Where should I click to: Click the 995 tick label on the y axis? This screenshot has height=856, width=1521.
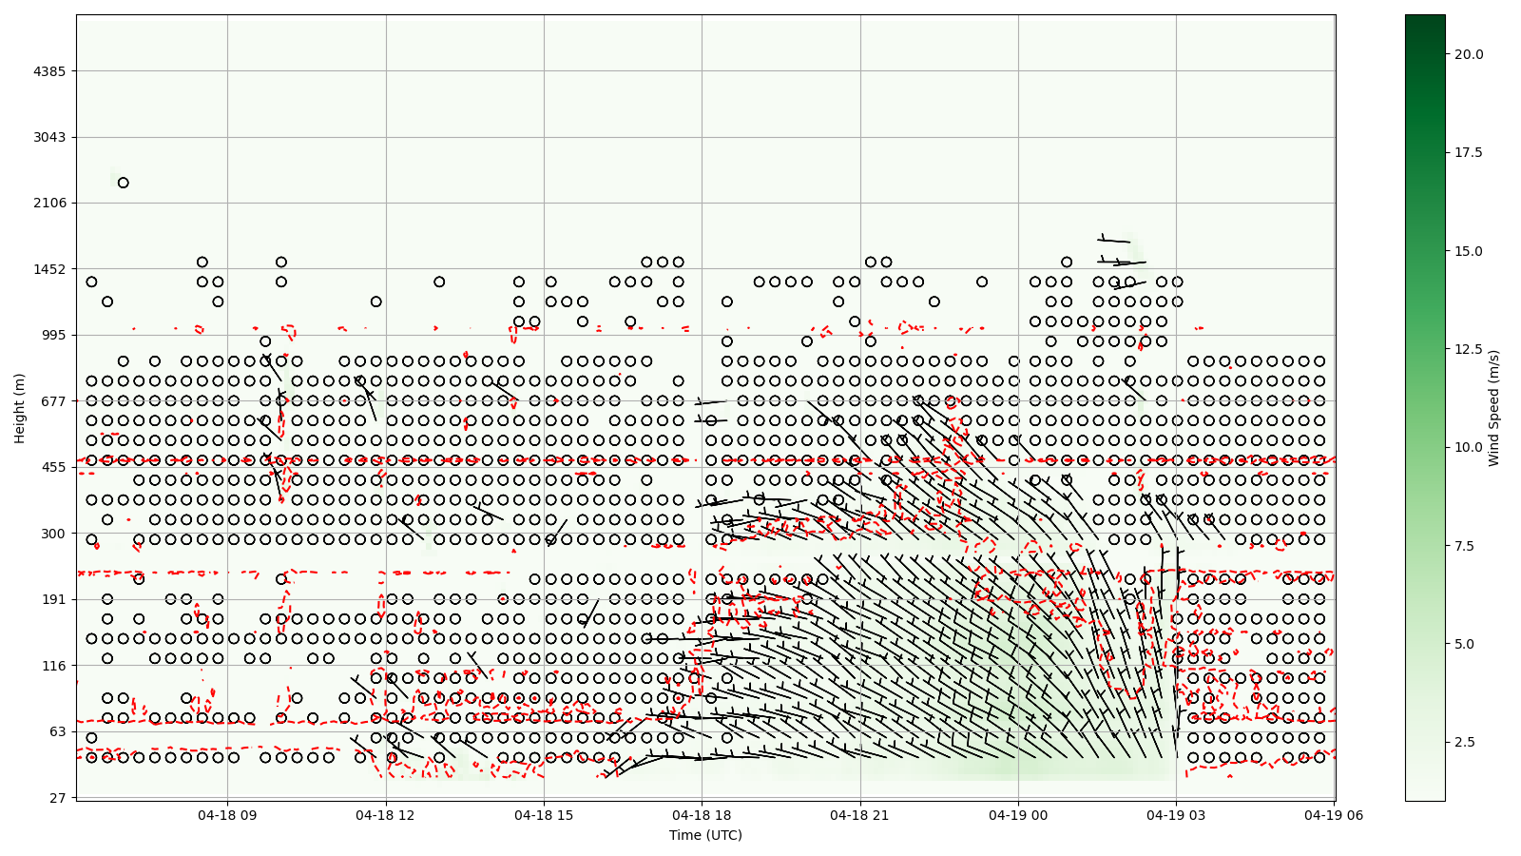click(53, 335)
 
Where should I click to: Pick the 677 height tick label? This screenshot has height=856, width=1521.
click(53, 401)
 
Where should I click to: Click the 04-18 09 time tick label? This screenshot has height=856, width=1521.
click(227, 815)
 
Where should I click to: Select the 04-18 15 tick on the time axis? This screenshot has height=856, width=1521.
click(544, 815)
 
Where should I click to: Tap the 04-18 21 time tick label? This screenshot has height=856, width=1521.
click(860, 815)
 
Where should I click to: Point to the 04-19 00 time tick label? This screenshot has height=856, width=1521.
click(1018, 815)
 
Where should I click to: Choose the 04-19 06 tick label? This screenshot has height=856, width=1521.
click(1334, 815)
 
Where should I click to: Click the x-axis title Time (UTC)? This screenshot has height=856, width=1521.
click(705, 835)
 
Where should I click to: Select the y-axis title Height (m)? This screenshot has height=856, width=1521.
click(20, 408)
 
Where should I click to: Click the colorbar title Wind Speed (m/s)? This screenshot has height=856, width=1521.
click(1493, 408)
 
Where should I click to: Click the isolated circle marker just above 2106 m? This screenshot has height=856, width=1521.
click(123, 183)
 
